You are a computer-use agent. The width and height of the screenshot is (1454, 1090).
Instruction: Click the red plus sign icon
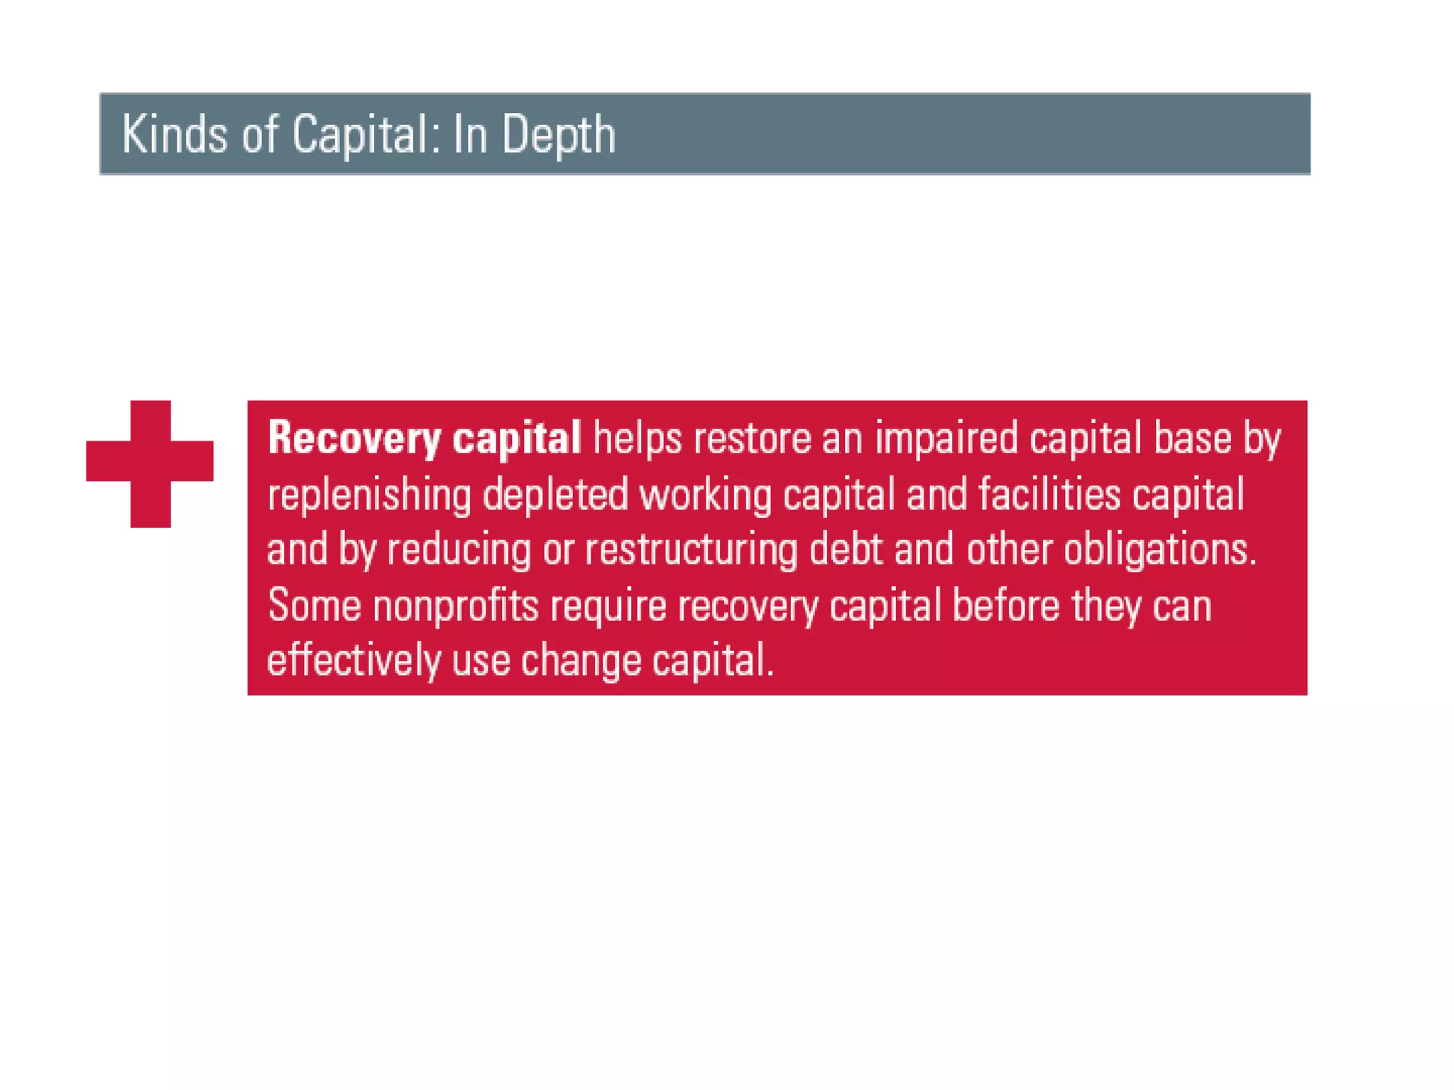pos(150,463)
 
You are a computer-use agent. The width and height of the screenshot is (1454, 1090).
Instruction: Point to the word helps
pos(637,439)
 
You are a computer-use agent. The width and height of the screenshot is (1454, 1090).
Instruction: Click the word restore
pos(752,439)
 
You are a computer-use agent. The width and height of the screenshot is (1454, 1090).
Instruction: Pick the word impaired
pos(946,439)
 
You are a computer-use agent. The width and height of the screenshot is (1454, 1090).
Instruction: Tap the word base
pos(1192,439)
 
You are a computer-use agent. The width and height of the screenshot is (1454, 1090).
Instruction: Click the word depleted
pos(555,494)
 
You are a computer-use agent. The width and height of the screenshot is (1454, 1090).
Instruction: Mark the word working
pos(705,495)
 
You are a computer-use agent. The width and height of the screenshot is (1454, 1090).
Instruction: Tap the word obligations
pos(1159,551)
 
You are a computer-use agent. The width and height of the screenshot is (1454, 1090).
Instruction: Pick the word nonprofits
pos(455,606)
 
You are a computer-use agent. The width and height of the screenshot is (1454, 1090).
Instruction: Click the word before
pos(1005,606)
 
